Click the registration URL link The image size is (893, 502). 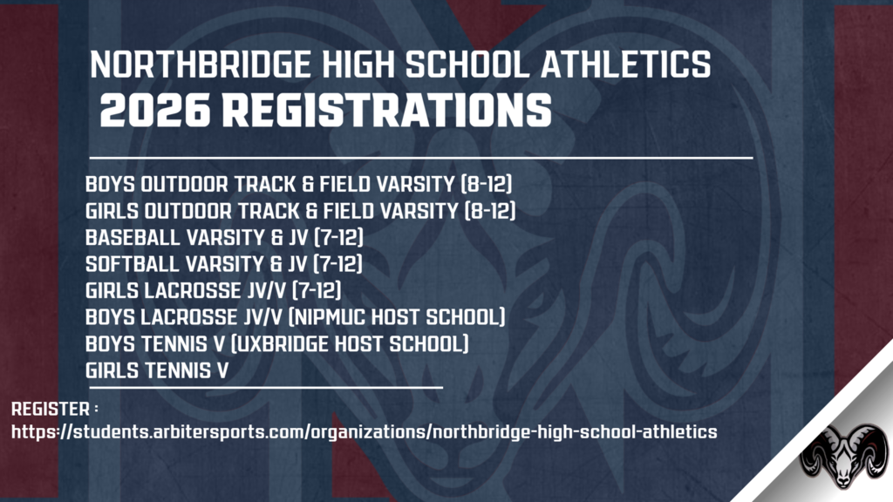tap(364, 431)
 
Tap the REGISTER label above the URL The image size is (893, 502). tap(50, 408)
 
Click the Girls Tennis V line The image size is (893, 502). tap(157, 370)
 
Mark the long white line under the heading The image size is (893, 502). tap(420, 158)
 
